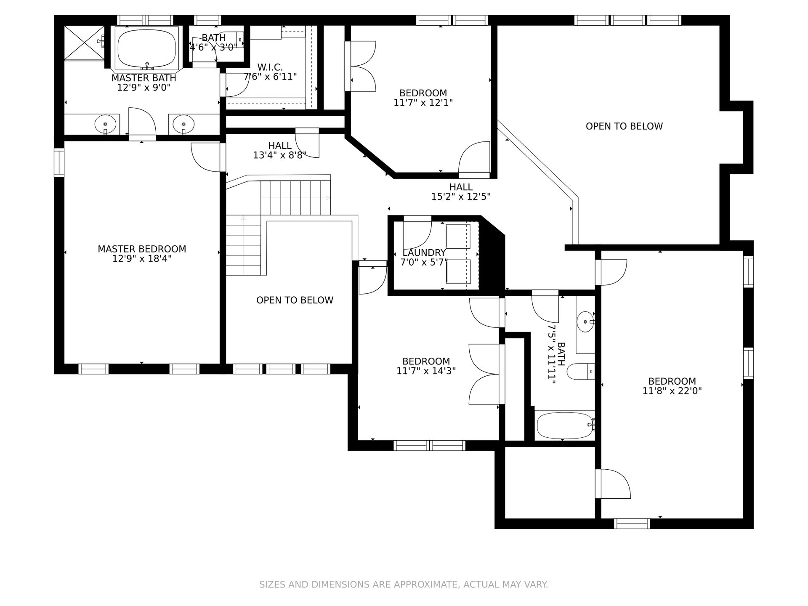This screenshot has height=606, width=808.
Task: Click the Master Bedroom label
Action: click(142, 249)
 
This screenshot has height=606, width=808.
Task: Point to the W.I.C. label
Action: click(270, 67)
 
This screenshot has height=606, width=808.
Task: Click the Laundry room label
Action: click(424, 252)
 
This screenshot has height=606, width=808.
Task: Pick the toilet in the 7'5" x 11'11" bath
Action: click(581, 372)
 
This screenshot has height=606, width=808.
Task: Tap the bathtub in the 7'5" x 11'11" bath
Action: click(565, 425)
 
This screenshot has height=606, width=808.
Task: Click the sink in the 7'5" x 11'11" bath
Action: click(585, 322)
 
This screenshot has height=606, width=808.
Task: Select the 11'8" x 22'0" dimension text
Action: click(672, 391)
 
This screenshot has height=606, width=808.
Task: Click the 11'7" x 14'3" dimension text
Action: click(426, 371)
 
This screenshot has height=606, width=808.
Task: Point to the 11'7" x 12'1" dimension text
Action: click(423, 102)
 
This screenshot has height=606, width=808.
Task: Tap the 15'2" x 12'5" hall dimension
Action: click(461, 196)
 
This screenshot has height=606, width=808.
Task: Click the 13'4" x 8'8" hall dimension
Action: click(280, 155)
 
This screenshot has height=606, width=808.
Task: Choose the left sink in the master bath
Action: click(105, 124)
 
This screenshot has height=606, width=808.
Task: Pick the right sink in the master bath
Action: click(183, 124)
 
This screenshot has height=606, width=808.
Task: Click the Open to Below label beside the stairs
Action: click(295, 300)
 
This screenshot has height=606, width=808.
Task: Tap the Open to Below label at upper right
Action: click(624, 126)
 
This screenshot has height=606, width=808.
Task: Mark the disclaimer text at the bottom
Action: click(404, 585)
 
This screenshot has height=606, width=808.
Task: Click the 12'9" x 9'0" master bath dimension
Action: click(144, 88)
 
